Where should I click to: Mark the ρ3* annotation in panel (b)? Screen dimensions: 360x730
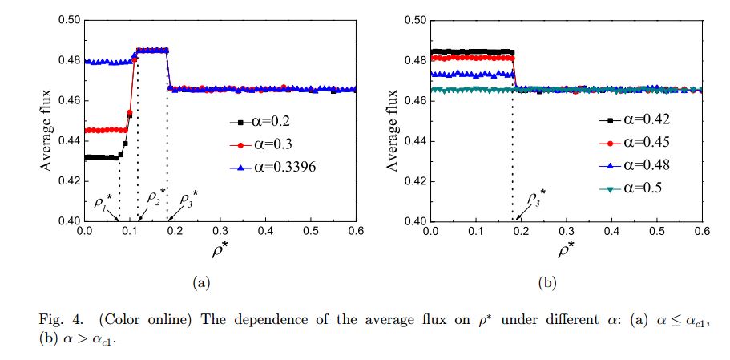pyautogui.click(x=535, y=197)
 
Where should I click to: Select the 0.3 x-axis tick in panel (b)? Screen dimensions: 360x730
pyautogui.click(x=567, y=230)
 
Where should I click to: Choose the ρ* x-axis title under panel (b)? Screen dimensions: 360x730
pyautogui.click(x=567, y=249)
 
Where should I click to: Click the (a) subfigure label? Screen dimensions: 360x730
pyautogui.click(x=200, y=282)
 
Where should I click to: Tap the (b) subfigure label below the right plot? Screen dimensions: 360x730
pyautogui.click(x=546, y=282)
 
